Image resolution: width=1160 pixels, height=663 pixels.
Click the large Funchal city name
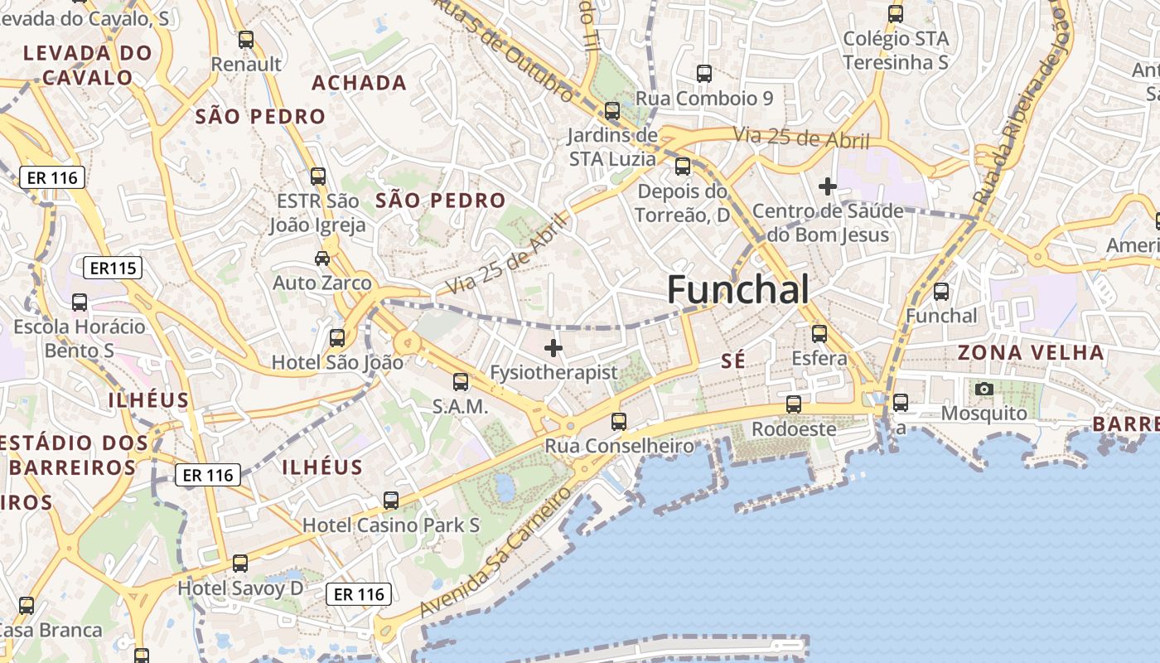tap(737, 290)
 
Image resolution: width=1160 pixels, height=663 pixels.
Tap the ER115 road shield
tap(113, 268)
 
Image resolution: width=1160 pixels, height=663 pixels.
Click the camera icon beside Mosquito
tap(984, 389)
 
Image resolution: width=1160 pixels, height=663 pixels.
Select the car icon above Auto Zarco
tap(322, 259)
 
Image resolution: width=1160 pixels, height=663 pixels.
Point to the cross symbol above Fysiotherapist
tap(553, 348)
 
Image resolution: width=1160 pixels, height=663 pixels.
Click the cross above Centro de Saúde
tap(827, 186)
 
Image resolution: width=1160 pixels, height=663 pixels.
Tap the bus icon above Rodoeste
tap(794, 404)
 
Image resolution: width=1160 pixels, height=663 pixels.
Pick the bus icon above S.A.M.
tap(461, 382)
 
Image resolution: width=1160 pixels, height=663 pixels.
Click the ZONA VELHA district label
tap(1031, 352)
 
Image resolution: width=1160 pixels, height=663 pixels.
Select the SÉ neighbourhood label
tap(733, 361)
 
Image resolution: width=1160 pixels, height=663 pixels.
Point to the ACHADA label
tap(359, 83)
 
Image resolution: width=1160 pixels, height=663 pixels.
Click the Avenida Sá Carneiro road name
tap(495, 551)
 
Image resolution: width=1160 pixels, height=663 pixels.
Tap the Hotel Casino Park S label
tap(391, 525)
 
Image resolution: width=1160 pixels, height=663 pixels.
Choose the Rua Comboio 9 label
tap(704, 99)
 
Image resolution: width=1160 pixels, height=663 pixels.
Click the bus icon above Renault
tap(246, 39)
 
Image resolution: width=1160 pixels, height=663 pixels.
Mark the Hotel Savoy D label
tap(241, 588)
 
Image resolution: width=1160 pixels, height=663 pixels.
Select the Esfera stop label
tap(819, 358)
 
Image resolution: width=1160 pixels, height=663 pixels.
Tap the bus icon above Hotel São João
tap(337, 338)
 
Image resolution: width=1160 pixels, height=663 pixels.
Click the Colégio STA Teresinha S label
tap(896, 50)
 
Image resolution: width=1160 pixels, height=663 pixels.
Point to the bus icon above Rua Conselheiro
tap(619, 422)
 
